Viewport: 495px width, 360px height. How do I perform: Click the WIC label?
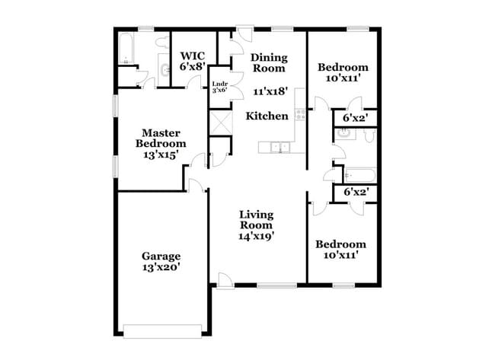[193, 56]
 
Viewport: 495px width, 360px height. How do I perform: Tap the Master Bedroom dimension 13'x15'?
[161, 155]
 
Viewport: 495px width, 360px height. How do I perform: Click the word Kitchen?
[267, 116]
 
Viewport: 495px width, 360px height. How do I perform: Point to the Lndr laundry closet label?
[220, 84]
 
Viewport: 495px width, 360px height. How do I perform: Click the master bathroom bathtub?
[126, 49]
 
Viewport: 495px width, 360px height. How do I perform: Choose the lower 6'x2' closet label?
[356, 193]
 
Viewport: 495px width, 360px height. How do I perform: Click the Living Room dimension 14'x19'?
[256, 236]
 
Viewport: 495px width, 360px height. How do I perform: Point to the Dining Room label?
[270, 63]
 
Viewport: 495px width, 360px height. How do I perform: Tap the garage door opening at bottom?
[162, 330]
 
